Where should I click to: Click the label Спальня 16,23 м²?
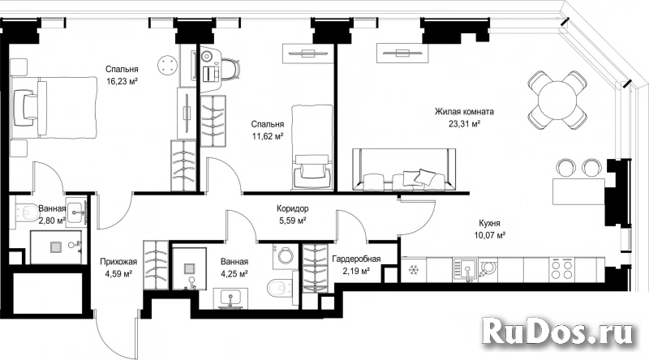coord(121,75)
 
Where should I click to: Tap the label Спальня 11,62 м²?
coord(268,130)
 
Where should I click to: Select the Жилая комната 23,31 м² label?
coord(464,118)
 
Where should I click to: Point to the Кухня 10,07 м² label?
coord(489,229)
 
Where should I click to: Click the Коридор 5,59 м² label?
coord(293,215)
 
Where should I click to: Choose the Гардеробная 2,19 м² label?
coord(356,265)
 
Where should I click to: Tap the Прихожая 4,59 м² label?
coord(118,268)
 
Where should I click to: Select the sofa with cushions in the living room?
coord(403,169)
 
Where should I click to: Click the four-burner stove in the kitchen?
coord(561,270)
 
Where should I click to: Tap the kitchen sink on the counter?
coord(466,270)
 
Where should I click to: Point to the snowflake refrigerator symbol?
coord(413,270)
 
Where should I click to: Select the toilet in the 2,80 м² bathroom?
coord(25,212)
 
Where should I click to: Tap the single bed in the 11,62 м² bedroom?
coord(312,148)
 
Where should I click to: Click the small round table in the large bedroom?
coord(167,66)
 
